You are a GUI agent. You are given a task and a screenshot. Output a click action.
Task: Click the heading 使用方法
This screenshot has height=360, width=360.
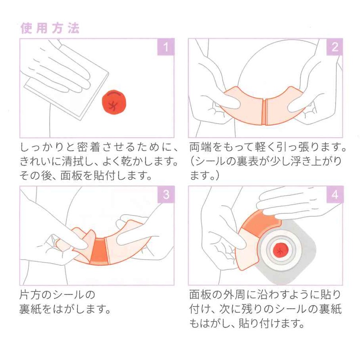(50, 28)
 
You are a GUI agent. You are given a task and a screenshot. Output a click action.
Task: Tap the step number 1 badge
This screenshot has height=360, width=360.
(166, 47)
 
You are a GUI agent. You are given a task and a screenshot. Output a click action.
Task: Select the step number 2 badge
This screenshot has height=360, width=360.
(334, 47)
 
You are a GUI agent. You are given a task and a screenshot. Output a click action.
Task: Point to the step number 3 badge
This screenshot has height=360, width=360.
(166, 194)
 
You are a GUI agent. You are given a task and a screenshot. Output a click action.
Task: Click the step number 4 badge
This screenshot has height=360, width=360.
(334, 194)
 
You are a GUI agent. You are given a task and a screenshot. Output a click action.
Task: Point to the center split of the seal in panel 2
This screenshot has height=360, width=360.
(264, 112)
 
